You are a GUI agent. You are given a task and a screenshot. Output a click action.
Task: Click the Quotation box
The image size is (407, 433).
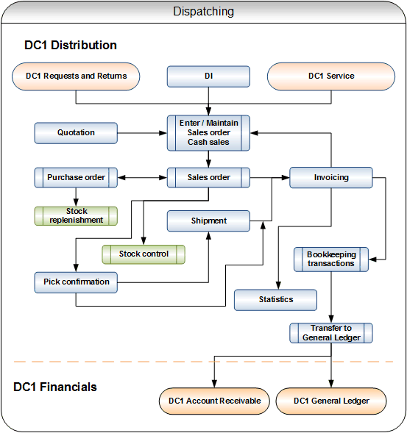(76, 133)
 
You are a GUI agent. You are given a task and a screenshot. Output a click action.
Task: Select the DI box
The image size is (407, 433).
(208, 76)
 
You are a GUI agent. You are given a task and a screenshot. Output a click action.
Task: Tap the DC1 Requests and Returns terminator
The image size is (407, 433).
(76, 76)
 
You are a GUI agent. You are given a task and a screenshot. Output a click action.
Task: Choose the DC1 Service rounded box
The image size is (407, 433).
(331, 76)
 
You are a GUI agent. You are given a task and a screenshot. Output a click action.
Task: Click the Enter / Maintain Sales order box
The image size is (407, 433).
(208, 133)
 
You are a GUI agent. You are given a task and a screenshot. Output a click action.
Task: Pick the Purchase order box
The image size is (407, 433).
(76, 178)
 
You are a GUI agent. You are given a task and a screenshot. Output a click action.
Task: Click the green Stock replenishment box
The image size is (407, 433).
(76, 216)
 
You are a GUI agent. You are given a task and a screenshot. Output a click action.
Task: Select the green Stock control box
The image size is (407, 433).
(144, 254)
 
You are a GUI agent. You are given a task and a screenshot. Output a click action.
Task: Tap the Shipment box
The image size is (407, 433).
(208, 221)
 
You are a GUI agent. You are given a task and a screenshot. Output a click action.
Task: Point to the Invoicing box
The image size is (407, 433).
(331, 178)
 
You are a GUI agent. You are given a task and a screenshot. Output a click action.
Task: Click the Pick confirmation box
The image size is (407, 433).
(76, 282)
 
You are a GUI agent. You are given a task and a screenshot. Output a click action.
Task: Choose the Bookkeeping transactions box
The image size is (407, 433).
(331, 260)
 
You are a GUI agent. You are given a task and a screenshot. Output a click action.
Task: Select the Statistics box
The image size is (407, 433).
(276, 300)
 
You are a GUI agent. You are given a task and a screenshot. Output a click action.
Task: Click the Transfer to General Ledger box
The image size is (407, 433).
(331, 333)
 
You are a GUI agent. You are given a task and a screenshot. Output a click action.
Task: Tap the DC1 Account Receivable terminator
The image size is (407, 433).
(214, 401)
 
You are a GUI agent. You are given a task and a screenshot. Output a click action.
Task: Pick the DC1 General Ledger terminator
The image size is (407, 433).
(331, 401)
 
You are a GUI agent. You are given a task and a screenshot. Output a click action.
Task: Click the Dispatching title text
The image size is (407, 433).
(203, 12)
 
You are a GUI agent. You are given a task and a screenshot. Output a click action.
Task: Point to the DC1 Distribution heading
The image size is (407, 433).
(71, 45)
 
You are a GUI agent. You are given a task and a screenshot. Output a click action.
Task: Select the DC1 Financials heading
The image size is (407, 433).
(55, 387)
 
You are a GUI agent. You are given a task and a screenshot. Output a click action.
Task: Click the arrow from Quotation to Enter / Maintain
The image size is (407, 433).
(142, 133)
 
